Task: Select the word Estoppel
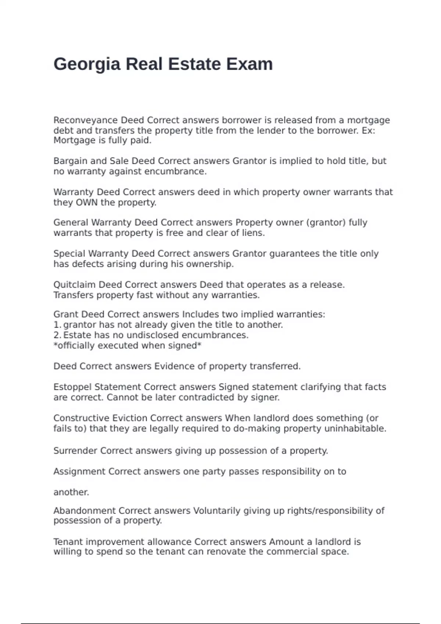[x=72, y=387]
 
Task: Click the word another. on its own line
[x=71, y=492]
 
